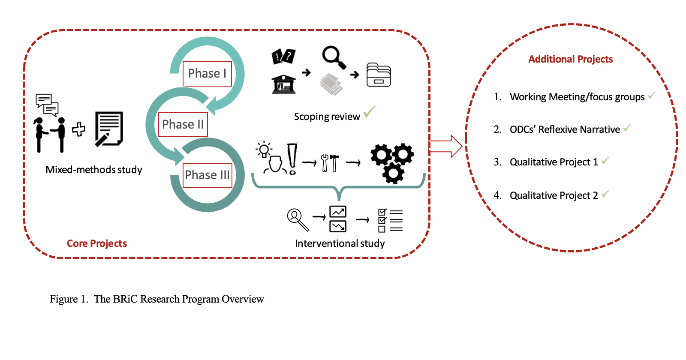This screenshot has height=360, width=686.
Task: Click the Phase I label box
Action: (x=207, y=74)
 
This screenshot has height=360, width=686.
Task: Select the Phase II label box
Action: (x=183, y=124)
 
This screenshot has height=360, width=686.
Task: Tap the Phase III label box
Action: (x=207, y=175)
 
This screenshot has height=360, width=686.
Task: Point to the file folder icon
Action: (x=379, y=75)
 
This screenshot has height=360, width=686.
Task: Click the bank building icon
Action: (x=283, y=84)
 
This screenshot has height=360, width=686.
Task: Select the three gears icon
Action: (x=392, y=162)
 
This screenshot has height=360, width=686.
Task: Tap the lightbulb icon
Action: (x=264, y=150)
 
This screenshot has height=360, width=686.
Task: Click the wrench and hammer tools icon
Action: (x=330, y=163)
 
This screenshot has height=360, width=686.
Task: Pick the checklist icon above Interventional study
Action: (x=390, y=220)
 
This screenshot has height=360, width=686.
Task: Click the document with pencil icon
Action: (x=109, y=129)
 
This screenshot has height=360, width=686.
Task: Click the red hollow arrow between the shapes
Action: (x=445, y=146)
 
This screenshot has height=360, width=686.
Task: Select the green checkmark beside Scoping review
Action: (x=369, y=112)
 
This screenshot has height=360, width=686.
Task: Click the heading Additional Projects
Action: (x=570, y=59)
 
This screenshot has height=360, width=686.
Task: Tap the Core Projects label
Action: (x=97, y=243)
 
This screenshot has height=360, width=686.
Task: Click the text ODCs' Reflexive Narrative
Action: (x=565, y=129)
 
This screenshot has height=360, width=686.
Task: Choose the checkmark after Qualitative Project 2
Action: (x=605, y=194)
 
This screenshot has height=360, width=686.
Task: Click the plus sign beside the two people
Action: (x=78, y=129)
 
